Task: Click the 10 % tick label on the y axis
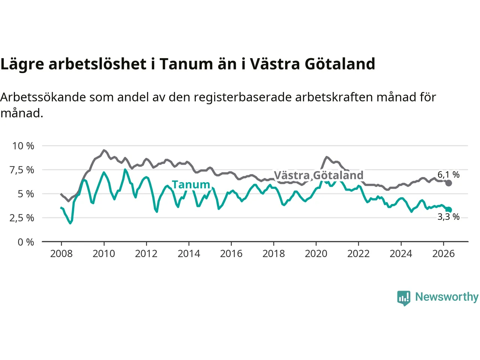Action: pyautogui.click(x=23, y=146)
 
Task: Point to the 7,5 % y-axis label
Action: pyautogui.click(x=22, y=170)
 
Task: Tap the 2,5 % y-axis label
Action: pyautogui.click(x=22, y=218)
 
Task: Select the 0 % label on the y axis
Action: pyautogui.click(x=26, y=242)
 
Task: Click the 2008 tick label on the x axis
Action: pyautogui.click(x=61, y=254)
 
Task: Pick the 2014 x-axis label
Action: pyautogui.click(x=189, y=254)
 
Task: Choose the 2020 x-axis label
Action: pyautogui.click(x=316, y=254)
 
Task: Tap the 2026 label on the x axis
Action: pyautogui.click(x=444, y=254)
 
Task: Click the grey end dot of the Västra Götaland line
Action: pyautogui.click(x=448, y=183)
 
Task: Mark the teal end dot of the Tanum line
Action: pyautogui.click(x=448, y=210)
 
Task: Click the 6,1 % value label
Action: pyautogui.click(x=448, y=175)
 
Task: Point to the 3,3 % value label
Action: pyautogui.click(x=448, y=217)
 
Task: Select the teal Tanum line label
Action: pyautogui.click(x=191, y=185)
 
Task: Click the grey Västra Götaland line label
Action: pyautogui.click(x=319, y=175)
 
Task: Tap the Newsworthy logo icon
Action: pyautogui.click(x=403, y=298)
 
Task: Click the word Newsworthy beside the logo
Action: pyautogui.click(x=447, y=297)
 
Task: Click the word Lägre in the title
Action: pyautogui.click(x=22, y=64)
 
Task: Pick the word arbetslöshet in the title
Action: pyautogui.click(x=97, y=64)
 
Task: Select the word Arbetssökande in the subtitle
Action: pyautogui.click(x=43, y=97)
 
